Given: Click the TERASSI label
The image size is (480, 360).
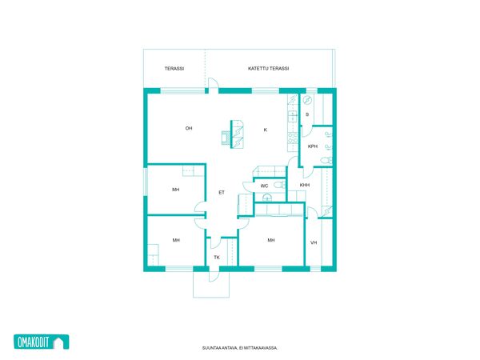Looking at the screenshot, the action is coord(174,69).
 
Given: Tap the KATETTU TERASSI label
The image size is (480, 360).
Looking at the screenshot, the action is coord(269,69).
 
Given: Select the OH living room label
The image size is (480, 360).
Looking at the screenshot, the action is coord(189,128).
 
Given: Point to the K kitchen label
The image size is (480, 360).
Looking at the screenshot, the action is coord(266,130).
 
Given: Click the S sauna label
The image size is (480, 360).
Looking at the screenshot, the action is coord(307,114).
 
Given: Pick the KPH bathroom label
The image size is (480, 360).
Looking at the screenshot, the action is coord(313,146).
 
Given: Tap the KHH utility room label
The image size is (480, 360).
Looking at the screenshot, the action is coord(305,185).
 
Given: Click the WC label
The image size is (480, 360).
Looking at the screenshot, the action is coord(264,186).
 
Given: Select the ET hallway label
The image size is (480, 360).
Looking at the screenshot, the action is coord(222,193).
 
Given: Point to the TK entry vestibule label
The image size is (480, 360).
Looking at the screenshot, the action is coord(217,258).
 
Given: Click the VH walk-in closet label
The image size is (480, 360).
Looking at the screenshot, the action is coord(314,242).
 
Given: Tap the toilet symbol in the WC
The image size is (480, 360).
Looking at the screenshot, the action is coord(279,184).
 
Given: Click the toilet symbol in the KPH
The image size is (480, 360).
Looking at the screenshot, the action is coord(326,160).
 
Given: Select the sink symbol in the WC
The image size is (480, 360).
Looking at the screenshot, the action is coord(267,197).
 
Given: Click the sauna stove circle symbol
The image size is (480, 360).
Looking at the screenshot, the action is coord(307,100).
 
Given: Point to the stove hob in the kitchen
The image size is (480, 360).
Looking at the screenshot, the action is coord(293,138).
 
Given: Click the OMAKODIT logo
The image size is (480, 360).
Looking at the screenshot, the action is coord(42,342).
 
